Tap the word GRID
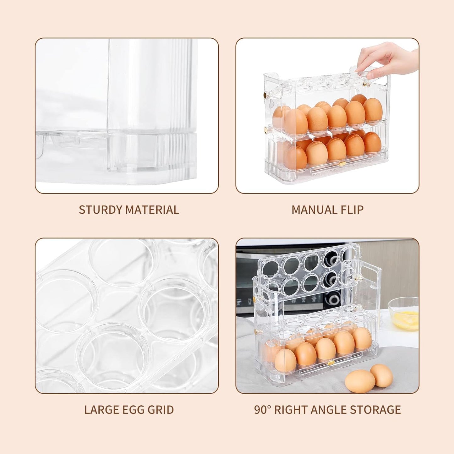(x=161, y=410)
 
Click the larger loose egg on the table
(x=360, y=381)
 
